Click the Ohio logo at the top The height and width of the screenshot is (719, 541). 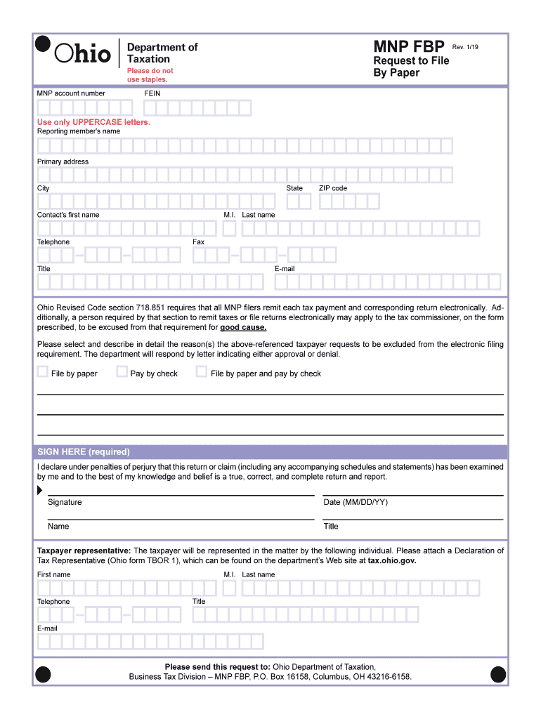[83, 53]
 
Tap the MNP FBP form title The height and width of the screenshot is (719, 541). [408, 47]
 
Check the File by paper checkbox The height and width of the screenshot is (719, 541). [43, 372]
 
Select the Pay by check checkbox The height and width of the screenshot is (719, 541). [122, 372]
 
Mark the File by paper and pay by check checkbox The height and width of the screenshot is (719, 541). [202, 372]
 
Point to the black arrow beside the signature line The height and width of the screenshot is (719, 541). [39, 491]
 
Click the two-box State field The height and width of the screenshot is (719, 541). [299, 202]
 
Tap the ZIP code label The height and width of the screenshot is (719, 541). [332, 188]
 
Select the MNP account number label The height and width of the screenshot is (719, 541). [71, 93]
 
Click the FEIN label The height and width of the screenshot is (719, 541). [152, 93]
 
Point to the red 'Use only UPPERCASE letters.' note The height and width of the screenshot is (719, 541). [93, 122]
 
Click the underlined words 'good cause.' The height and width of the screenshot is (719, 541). [243, 327]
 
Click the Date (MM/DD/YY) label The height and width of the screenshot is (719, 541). [355, 502]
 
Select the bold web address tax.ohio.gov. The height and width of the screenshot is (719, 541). [392, 561]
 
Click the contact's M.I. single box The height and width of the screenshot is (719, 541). [229, 229]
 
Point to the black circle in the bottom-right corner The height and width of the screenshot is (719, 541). [498, 675]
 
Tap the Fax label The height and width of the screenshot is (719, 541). [198, 242]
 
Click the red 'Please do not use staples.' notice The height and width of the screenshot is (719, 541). [149, 75]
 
